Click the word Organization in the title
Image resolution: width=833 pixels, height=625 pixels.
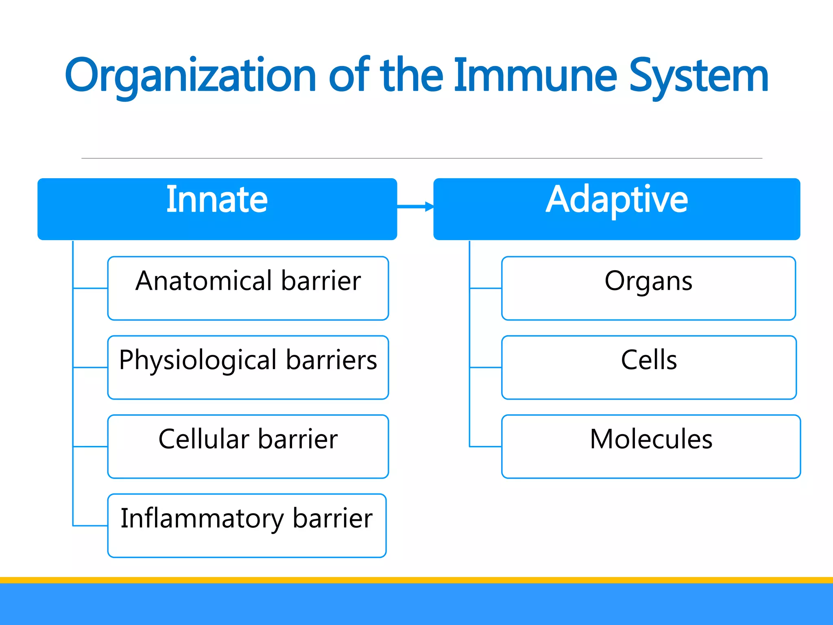click(x=190, y=76)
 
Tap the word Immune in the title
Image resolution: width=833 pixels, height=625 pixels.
click(x=535, y=75)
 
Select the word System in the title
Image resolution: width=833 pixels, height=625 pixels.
click(x=698, y=76)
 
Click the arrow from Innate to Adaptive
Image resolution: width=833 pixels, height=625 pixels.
click(x=415, y=207)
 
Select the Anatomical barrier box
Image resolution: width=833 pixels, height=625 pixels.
click(x=248, y=288)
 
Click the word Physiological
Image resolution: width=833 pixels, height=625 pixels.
click(x=198, y=361)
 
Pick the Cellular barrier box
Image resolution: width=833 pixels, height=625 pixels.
click(x=248, y=446)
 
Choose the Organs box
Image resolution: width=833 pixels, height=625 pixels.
click(x=648, y=288)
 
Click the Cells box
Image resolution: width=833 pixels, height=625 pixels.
click(x=649, y=367)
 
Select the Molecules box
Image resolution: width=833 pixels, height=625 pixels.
click(x=651, y=446)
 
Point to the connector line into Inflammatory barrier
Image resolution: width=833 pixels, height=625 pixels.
click(x=90, y=526)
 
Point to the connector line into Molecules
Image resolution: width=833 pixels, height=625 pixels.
click(x=486, y=446)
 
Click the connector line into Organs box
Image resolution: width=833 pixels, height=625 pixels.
click(x=486, y=288)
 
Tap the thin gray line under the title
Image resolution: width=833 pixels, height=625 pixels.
click(x=421, y=158)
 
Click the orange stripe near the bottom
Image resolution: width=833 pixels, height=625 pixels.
click(x=416, y=580)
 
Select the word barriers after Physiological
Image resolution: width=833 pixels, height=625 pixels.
click(x=331, y=360)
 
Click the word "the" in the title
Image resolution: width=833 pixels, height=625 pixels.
click(x=412, y=75)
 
